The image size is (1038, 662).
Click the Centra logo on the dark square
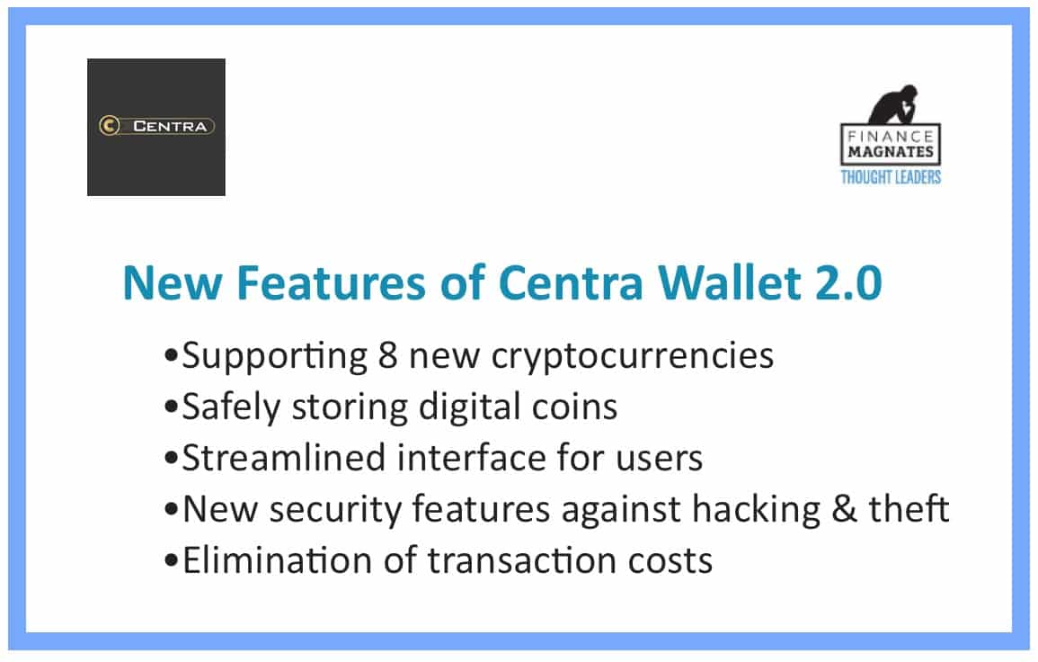(156, 126)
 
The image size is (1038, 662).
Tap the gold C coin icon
(110, 126)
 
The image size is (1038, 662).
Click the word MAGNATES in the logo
(891, 152)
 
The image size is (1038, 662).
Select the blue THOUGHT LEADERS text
(891, 177)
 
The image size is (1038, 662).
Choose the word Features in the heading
(331, 283)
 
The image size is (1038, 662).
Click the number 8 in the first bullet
(387, 356)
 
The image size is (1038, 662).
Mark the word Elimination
(278, 561)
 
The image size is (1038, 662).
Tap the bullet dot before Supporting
(172, 356)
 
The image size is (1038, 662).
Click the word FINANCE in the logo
(891, 137)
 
